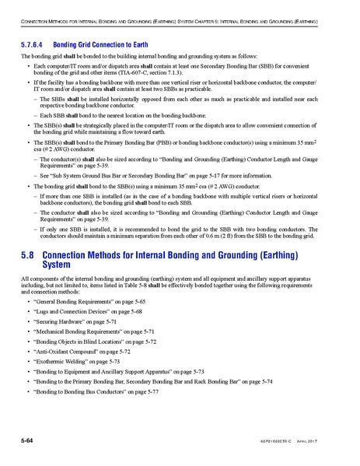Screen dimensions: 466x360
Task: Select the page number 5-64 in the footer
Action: pyautogui.click(x=30, y=442)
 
